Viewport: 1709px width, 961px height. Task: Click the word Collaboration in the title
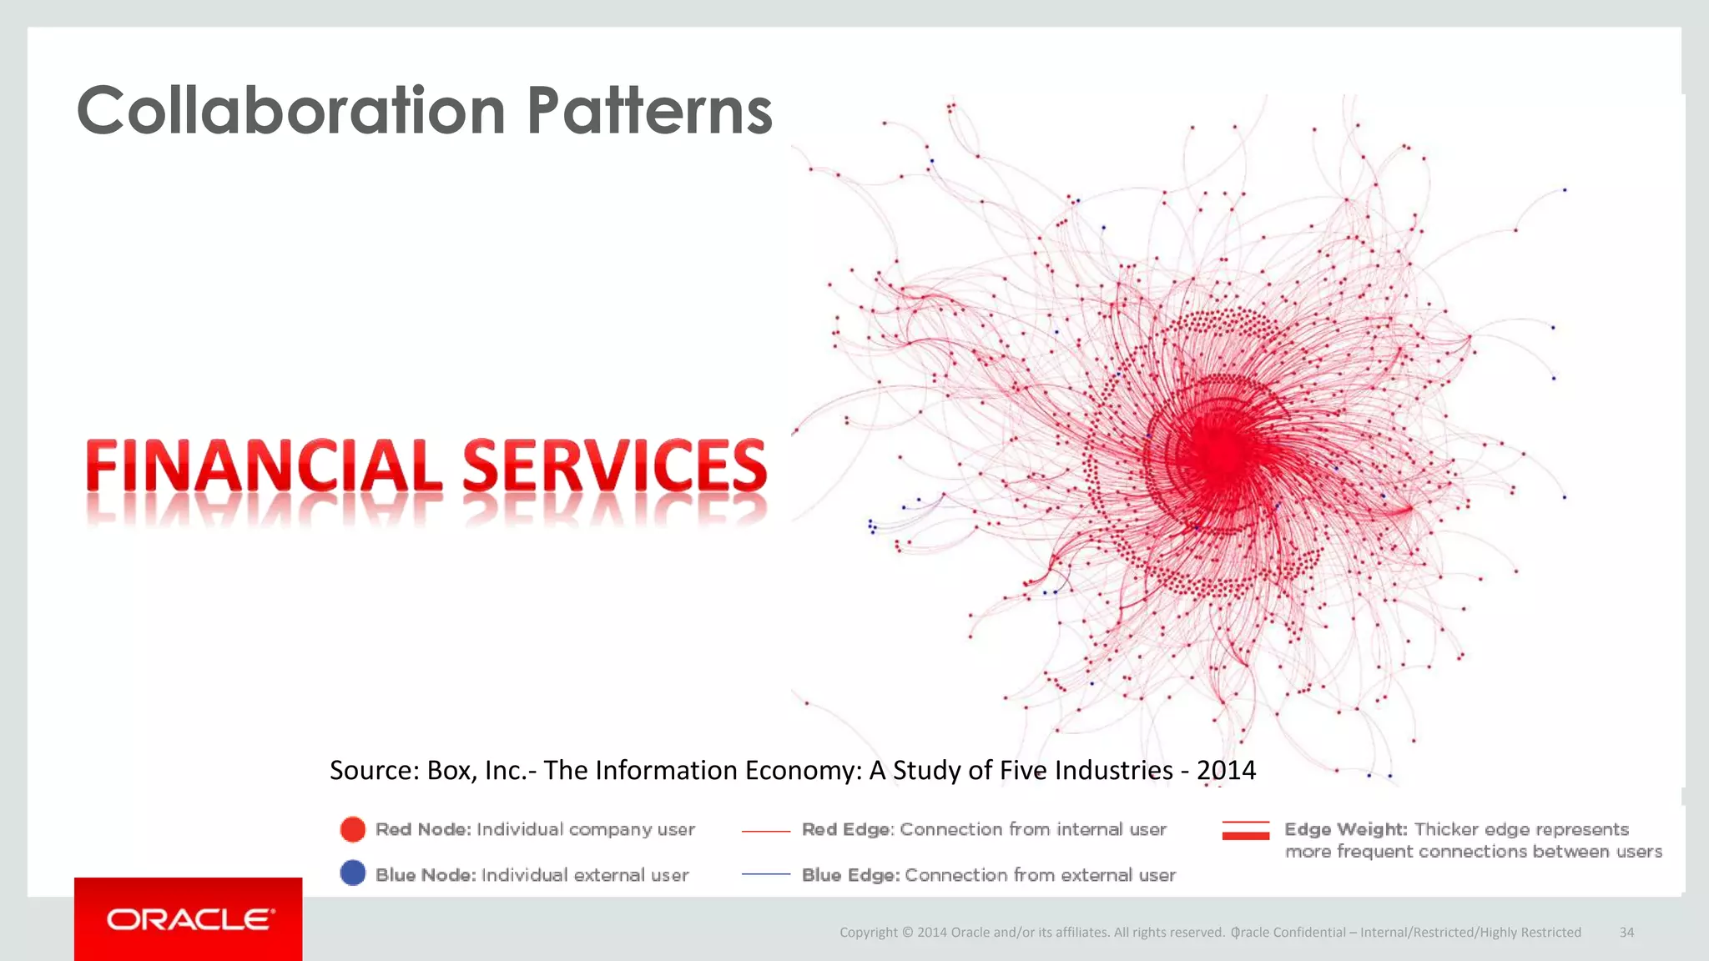(290, 111)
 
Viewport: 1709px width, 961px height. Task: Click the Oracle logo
(189, 919)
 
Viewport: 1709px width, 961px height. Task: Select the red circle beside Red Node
(353, 829)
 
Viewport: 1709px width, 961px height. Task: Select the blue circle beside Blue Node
(353, 873)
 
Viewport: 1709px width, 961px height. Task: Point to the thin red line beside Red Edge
(765, 831)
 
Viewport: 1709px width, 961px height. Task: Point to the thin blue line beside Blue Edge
(765, 874)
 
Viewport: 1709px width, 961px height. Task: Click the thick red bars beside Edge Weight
(1245, 830)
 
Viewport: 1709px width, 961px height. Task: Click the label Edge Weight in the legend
(1345, 829)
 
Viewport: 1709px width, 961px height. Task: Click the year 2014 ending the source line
(1226, 770)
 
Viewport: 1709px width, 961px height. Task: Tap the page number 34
(1626, 933)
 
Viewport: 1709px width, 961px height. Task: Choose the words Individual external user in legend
(585, 875)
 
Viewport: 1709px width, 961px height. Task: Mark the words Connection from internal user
(1033, 829)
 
